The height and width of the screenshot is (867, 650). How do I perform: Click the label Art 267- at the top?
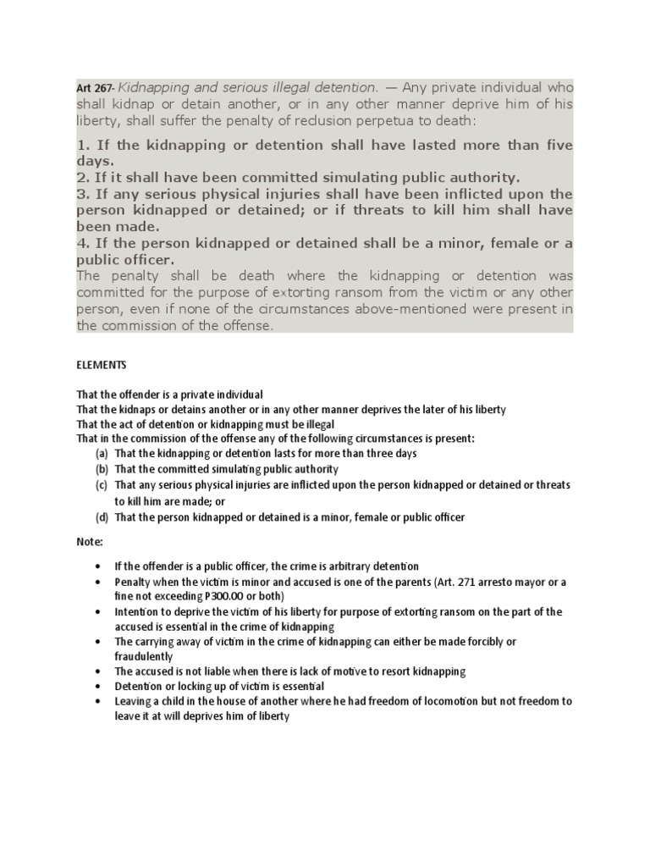[95, 88]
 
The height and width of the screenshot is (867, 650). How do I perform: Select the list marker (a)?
[102, 453]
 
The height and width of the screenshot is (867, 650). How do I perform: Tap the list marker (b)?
[102, 469]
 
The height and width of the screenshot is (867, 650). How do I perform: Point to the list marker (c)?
[102, 485]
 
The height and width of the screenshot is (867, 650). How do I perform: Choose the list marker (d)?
[102, 517]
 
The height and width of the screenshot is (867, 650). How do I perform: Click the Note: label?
[89, 541]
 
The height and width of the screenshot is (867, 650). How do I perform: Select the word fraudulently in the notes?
[145, 656]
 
